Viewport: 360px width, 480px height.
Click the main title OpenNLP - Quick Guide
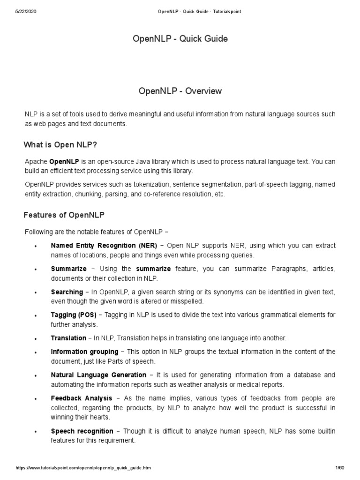pyautogui.click(x=180, y=39)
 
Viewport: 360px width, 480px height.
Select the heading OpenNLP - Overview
pyautogui.click(x=180, y=91)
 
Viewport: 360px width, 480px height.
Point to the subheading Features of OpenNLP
pyautogui.click(x=64, y=215)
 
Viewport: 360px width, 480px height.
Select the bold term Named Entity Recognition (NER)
pyautogui.click(x=104, y=246)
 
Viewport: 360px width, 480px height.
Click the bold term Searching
pyautogui.click(x=67, y=292)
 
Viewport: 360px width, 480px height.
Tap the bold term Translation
pyautogui.click(x=68, y=338)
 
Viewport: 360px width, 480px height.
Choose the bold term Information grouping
pyautogui.click(x=84, y=352)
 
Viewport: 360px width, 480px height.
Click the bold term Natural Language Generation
pyautogui.click(x=98, y=375)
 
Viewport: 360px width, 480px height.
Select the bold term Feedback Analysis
pyautogui.click(x=82, y=398)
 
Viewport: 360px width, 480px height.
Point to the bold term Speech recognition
pyautogui.click(x=82, y=431)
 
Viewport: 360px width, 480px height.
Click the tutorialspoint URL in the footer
pyautogui.click(x=83, y=468)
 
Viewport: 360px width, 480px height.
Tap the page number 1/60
pyautogui.click(x=340, y=468)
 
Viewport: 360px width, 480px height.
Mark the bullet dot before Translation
pyautogui.click(x=36, y=339)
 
